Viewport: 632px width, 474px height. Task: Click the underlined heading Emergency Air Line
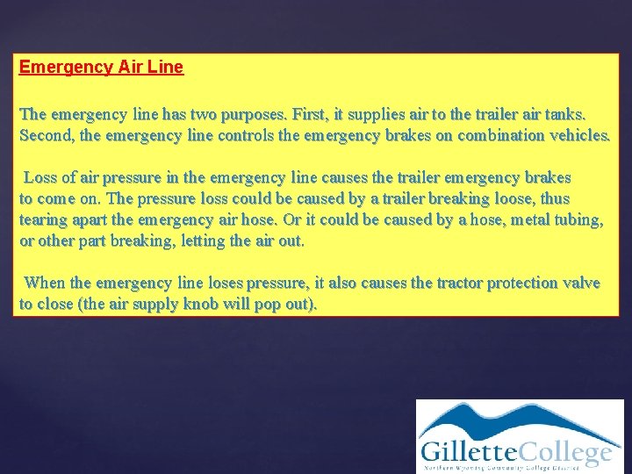coord(101,68)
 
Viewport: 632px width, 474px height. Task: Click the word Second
coord(45,136)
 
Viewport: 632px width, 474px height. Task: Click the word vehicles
coord(578,136)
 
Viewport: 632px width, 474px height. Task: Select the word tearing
coord(42,220)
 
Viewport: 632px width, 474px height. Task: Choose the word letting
coord(202,241)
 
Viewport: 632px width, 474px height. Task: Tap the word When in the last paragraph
coord(45,283)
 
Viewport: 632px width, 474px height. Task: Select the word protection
coord(524,283)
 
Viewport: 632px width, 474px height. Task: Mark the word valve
coord(582,283)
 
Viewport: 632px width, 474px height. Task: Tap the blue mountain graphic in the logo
coord(518,420)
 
